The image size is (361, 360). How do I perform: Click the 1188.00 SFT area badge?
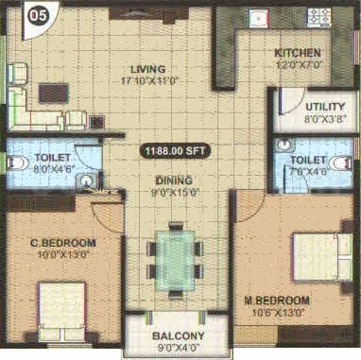pos(175,151)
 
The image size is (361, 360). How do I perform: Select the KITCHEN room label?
pos(298,53)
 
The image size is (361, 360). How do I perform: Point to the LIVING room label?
pos(148,69)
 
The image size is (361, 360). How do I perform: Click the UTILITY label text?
pos(325,106)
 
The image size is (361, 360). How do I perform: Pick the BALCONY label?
pos(178,336)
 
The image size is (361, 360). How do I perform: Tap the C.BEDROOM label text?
pos(63,243)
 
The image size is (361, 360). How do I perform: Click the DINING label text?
pos(174,180)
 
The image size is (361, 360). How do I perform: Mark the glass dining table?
pos(175,260)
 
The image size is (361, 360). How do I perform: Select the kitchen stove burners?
pos(319,18)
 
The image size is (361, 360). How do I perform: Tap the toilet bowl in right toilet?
pos(340,164)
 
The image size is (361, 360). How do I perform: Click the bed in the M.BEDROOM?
pos(322,257)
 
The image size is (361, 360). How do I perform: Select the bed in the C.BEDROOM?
pos(62,309)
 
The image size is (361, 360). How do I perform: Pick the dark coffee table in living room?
pos(53,92)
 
